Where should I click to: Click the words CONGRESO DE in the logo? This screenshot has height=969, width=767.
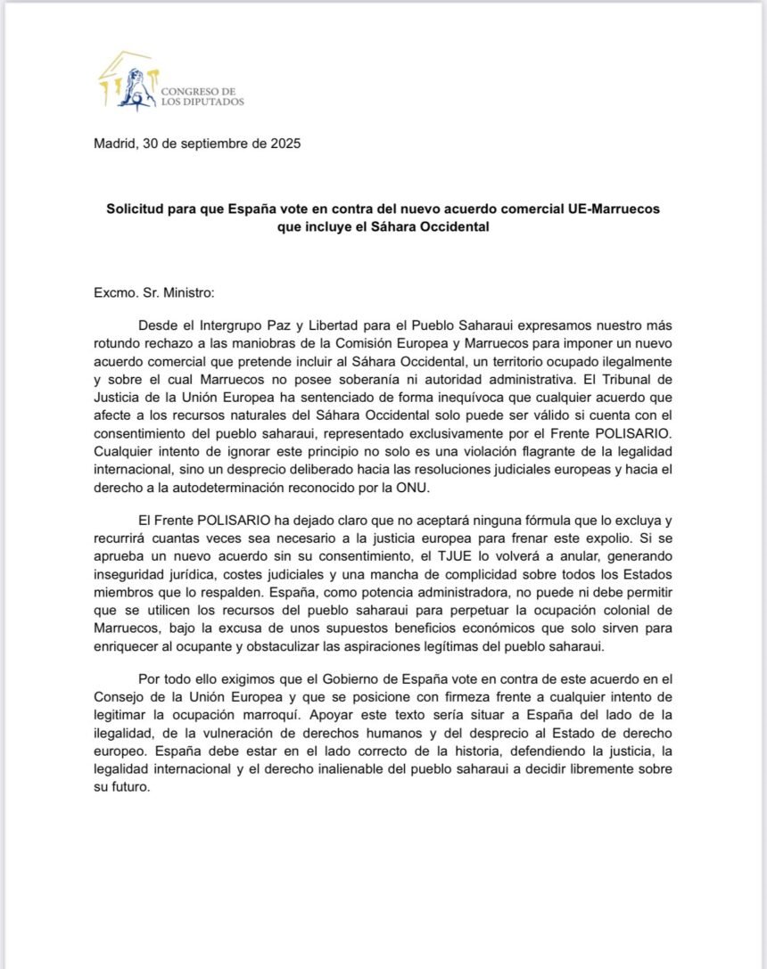[198, 91]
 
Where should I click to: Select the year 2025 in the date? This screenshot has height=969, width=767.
[285, 144]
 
